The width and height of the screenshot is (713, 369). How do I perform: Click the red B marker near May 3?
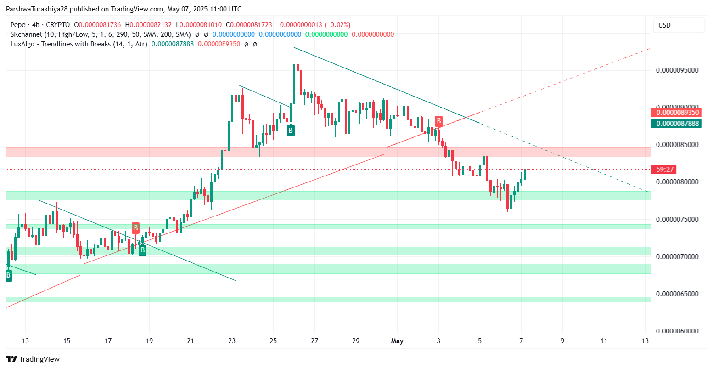pyautogui.click(x=439, y=121)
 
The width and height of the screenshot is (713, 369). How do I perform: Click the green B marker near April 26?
pyautogui.click(x=291, y=131)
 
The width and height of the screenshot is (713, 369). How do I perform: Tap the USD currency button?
pyautogui.click(x=664, y=25)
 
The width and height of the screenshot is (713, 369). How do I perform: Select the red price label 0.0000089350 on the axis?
pyautogui.click(x=677, y=113)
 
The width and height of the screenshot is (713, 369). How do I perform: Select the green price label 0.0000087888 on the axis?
pyautogui.click(x=677, y=123)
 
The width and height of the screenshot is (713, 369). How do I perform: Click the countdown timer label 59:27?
pyautogui.click(x=664, y=170)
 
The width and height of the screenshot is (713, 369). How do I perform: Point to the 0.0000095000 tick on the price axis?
pyautogui.click(x=677, y=70)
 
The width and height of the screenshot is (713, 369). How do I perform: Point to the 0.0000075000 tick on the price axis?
pyautogui.click(x=677, y=219)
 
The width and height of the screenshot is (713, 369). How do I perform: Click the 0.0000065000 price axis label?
pyautogui.click(x=677, y=294)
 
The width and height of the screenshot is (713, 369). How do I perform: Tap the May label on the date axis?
pyautogui.click(x=397, y=341)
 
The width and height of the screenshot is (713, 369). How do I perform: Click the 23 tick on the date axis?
pyautogui.click(x=232, y=341)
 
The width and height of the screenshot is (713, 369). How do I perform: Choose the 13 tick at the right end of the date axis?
pyautogui.click(x=645, y=341)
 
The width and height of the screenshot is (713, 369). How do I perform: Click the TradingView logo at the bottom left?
pyautogui.click(x=33, y=359)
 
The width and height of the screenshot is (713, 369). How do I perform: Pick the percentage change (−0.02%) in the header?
pyautogui.click(x=337, y=25)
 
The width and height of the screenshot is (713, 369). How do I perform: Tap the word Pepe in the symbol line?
pyautogui.click(x=18, y=25)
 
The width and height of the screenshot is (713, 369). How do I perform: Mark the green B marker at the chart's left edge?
pyautogui.click(x=9, y=276)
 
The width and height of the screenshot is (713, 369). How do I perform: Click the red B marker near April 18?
pyautogui.click(x=135, y=227)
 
